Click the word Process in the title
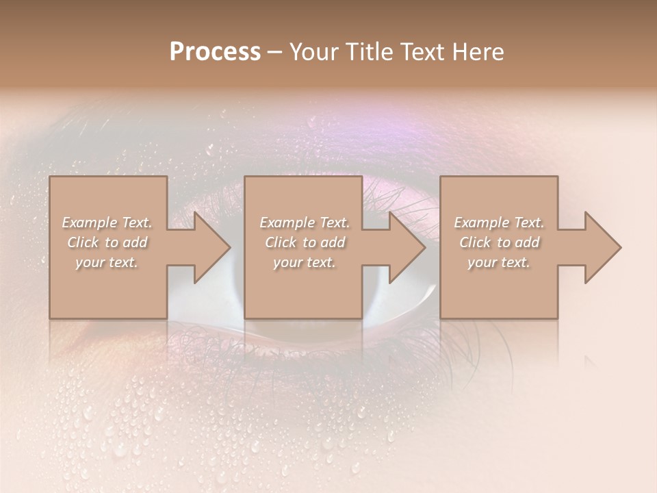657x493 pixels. point(215,52)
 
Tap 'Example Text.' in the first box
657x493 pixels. point(107,223)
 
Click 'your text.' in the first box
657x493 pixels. point(107,262)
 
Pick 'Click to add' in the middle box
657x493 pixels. point(305,242)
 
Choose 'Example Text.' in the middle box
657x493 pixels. point(305,223)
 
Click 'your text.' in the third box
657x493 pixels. point(499,262)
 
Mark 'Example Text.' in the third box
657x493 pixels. point(499,223)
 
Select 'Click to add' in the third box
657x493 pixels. point(499,242)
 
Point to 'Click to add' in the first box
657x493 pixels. point(107,242)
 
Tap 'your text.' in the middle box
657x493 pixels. point(305,262)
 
